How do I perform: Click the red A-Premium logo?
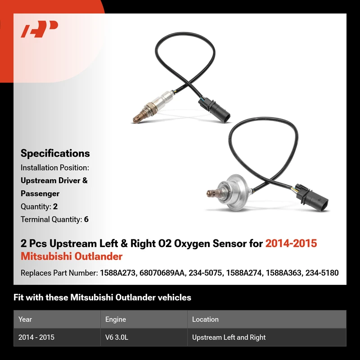pos(39,29)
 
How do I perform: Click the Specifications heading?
pos(55,153)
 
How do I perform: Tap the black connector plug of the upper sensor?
pos(214,110)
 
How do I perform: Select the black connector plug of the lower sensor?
pos(312,198)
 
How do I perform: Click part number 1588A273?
pos(117,273)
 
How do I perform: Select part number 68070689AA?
pos(162,273)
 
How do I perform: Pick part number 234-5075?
pos(205,273)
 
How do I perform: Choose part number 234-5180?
pos(322,273)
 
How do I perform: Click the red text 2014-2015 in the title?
pos(291,243)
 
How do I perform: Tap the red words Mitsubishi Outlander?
pos(72,256)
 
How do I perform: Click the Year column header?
pos(25,319)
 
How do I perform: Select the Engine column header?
pos(116,319)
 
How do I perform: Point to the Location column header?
pos(205,319)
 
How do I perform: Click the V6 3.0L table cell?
pos(117,337)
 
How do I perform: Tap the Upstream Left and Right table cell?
pos(229,337)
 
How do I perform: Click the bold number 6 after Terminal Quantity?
pos(86,220)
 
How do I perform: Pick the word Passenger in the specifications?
pos(40,193)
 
